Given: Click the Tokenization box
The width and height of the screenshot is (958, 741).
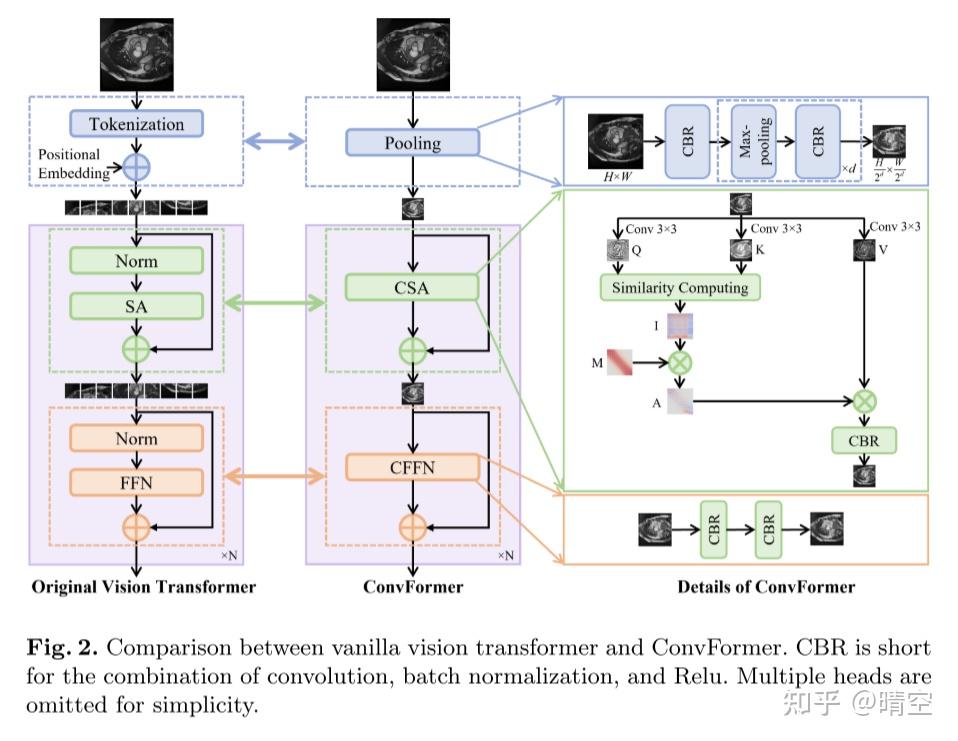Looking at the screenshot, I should click(136, 124).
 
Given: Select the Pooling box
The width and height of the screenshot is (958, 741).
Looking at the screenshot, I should click(412, 143).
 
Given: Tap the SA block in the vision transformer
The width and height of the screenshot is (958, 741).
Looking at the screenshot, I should click(136, 306).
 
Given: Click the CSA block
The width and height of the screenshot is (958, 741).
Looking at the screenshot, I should click(412, 288).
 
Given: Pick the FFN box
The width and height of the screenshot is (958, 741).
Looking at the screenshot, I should click(136, 482).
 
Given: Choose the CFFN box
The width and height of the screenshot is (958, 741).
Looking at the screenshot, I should click(412, 466).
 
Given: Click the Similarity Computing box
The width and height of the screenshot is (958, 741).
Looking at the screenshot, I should click(680, 288).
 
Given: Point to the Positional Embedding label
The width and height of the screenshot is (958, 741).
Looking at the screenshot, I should click(69, 163).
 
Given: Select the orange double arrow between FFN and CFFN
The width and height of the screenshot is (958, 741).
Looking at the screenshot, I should click(274, 475).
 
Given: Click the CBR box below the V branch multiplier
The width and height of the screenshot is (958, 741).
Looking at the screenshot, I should click(864, 440).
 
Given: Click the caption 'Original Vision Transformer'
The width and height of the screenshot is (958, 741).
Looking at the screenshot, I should click(143, 587).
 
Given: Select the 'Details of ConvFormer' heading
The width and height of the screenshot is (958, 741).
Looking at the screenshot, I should click(766, 587).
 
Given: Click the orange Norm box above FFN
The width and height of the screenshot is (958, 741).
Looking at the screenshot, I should click(136, 438).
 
